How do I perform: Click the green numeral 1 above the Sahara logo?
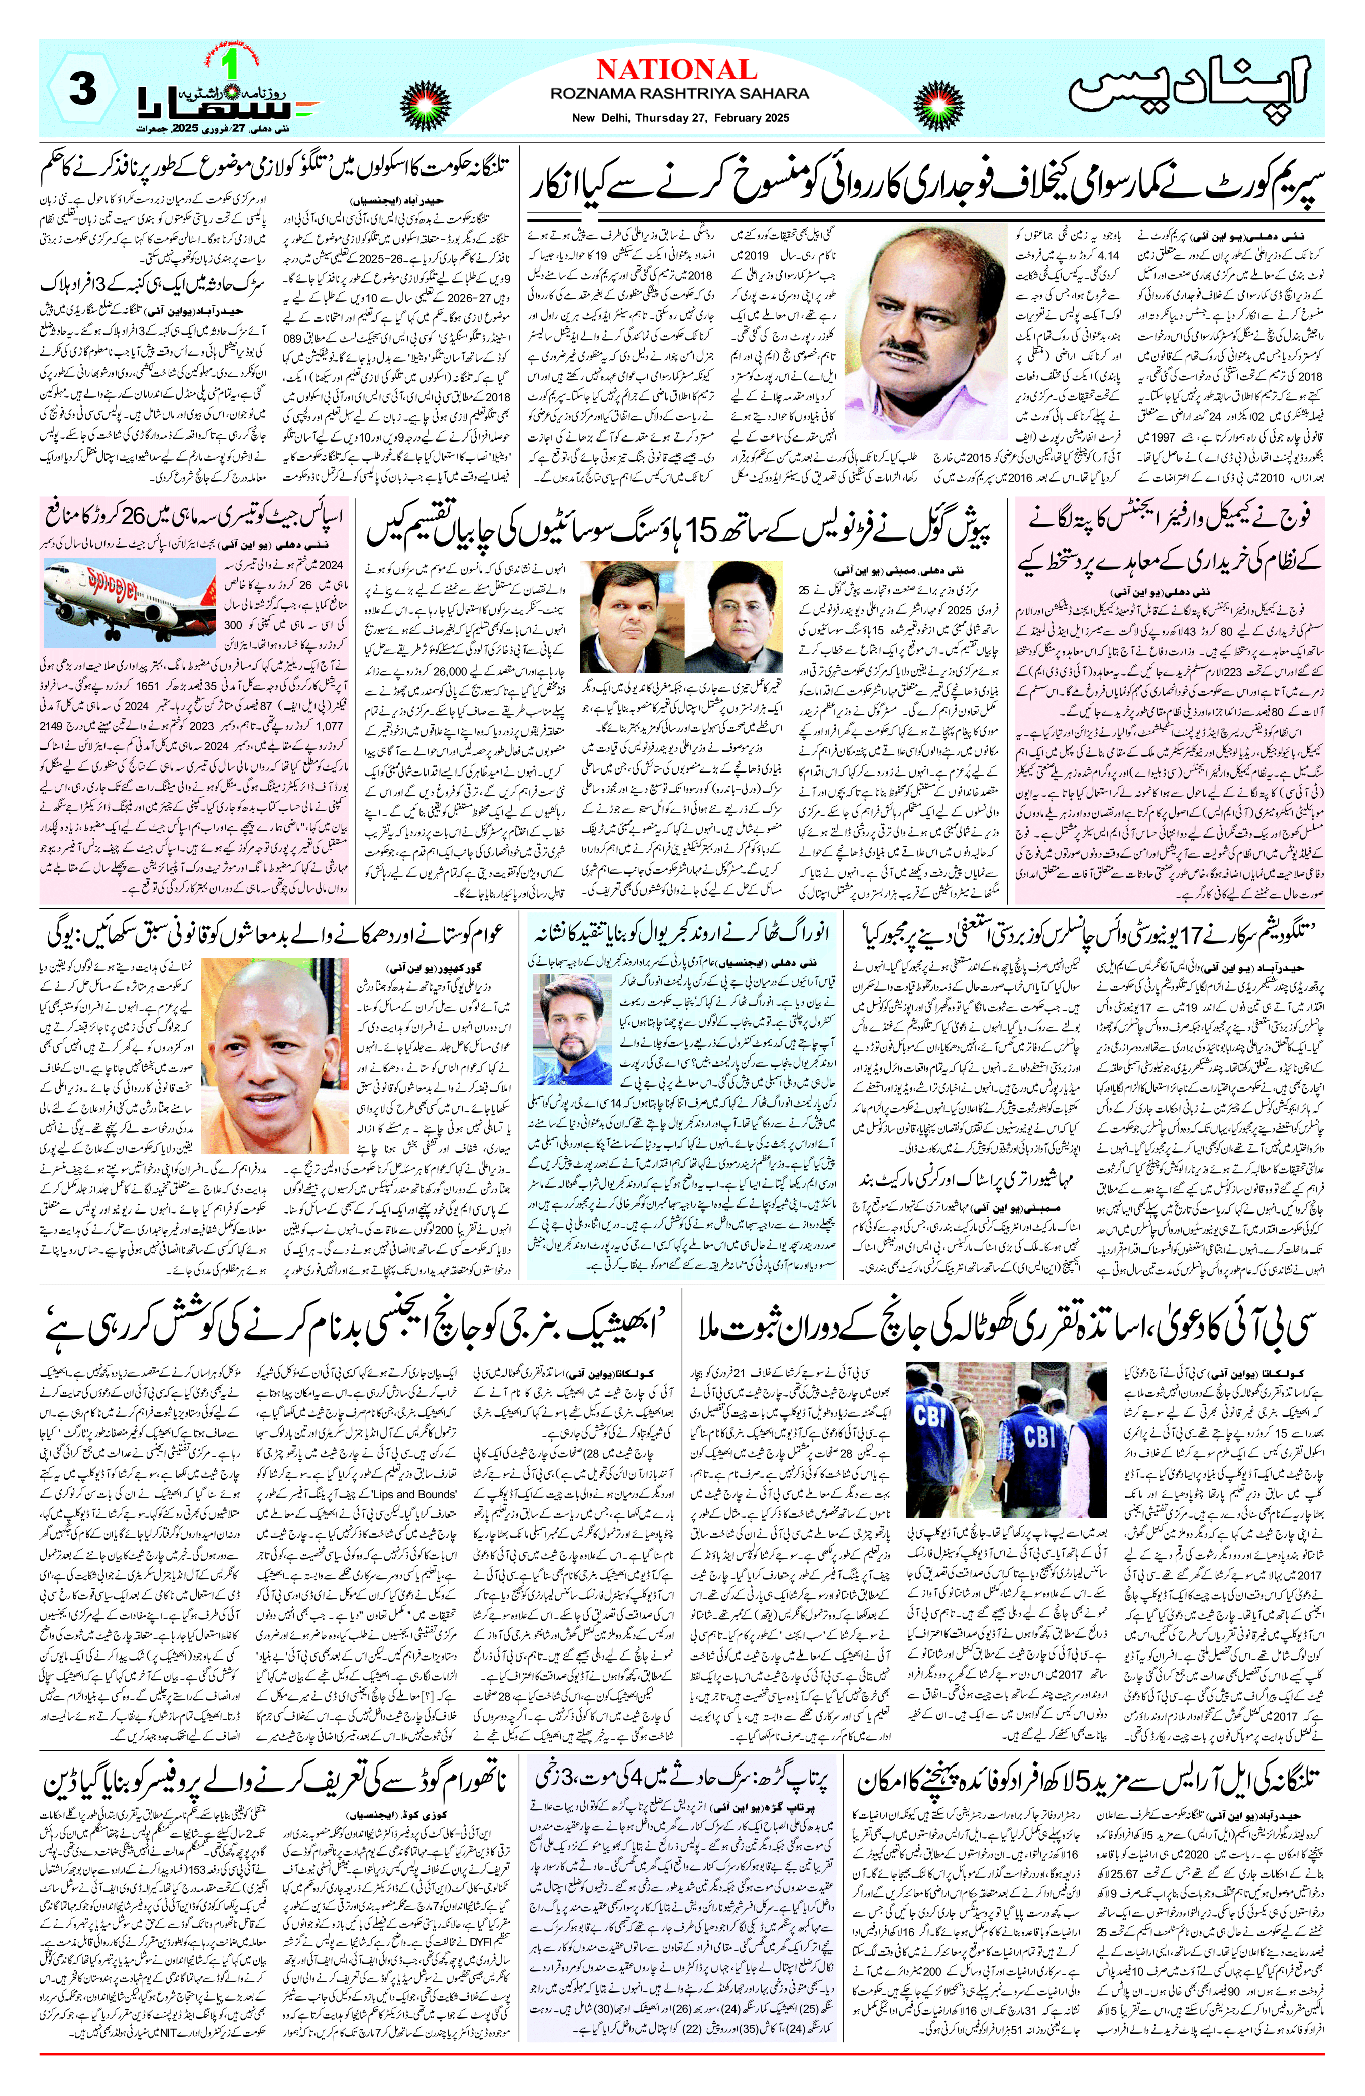click(234, 63)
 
